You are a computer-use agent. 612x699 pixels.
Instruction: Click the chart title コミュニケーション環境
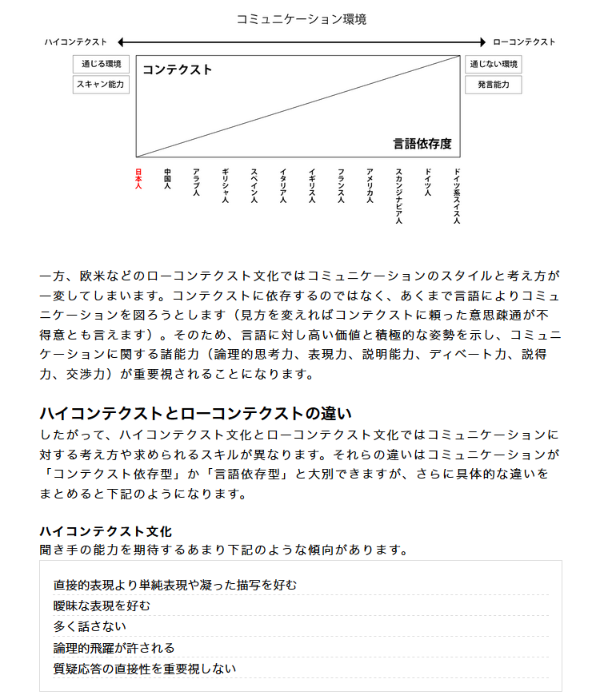pos(302,18)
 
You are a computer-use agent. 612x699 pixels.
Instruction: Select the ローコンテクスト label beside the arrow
pos(524,42)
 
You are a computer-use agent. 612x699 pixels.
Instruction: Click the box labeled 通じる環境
pos(101,64)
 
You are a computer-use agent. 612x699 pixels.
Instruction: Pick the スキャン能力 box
pos(101,84)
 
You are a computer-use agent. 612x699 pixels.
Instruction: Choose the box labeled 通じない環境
pos(494,64)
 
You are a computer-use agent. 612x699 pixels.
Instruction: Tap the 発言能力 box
pos(494,84)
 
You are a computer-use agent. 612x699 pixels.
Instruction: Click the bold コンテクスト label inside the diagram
pos(177,70)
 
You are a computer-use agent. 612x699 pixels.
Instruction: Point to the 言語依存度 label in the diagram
pos(422,144)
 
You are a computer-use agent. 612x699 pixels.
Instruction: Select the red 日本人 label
pos(138,178)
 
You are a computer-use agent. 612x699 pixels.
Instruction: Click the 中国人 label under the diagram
pos(167,178)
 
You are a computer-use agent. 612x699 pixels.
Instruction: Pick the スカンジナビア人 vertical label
pos(398,196)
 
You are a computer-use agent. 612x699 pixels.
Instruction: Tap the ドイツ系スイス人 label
pos(456,196)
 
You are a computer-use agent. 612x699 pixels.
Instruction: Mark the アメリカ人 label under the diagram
pos(370,185)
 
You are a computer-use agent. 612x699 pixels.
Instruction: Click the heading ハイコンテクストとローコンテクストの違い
pos(195,414)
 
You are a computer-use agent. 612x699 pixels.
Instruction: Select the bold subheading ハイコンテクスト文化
pos(106,531)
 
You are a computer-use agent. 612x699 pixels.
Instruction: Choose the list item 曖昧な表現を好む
pos(102,606)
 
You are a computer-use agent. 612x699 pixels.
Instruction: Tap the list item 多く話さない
pos(90,626)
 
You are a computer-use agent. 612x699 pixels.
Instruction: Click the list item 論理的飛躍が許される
pos(114,647)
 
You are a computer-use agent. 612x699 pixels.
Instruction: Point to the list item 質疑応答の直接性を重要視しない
pos(145,668)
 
